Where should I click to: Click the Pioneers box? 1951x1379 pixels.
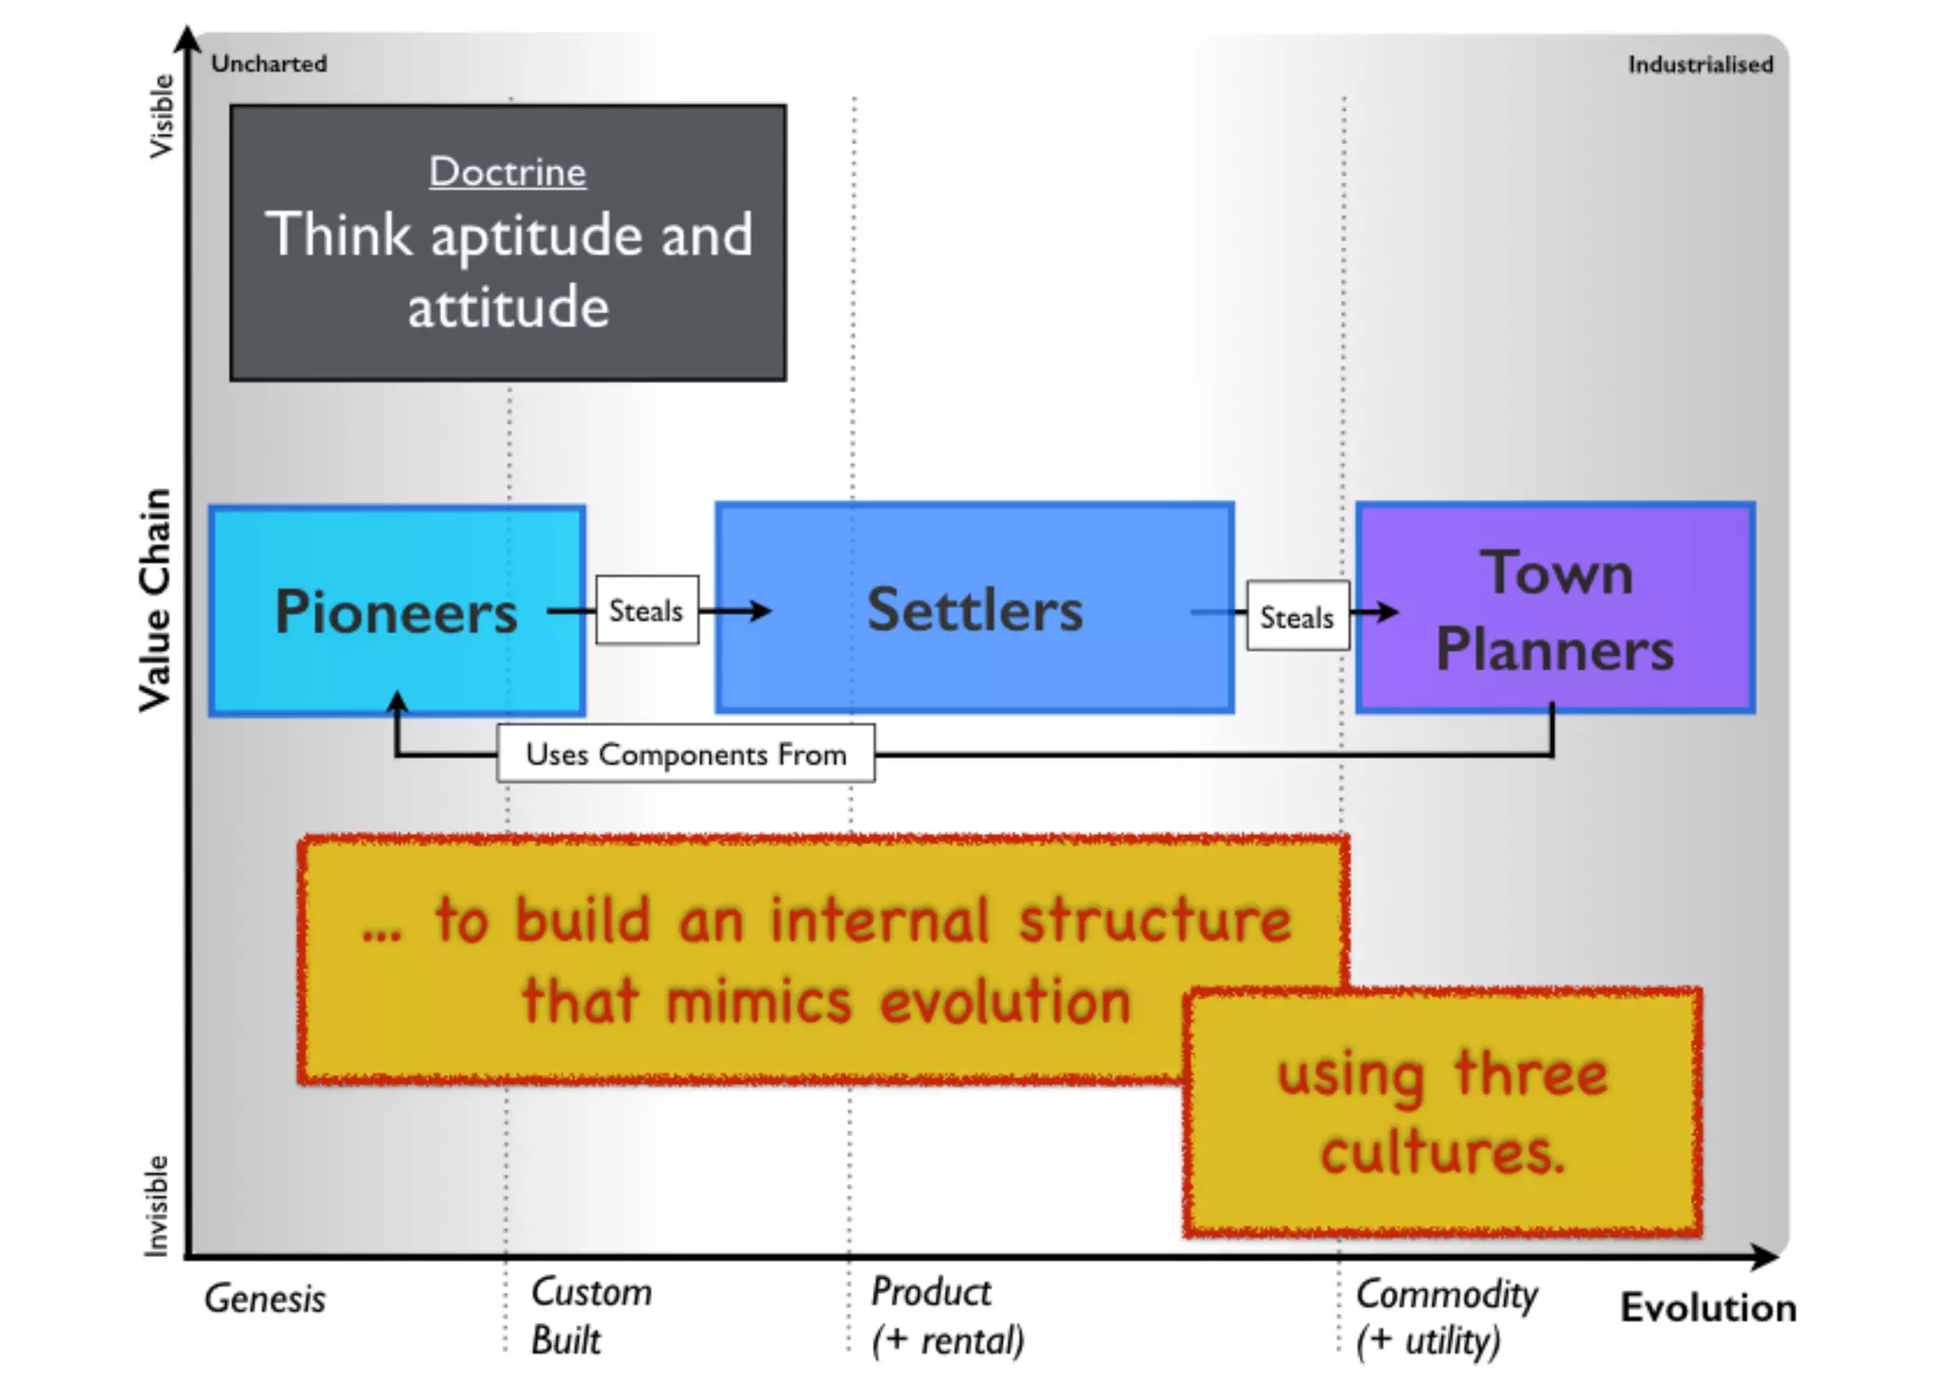pos(396,611)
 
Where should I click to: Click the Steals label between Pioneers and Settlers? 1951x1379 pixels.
pos(647,611)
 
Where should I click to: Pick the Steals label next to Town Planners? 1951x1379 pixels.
pos(1297,617)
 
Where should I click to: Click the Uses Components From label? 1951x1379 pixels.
pos(686,754)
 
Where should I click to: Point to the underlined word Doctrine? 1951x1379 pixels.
pos(508,172)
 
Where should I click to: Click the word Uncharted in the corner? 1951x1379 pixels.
pos(269,64)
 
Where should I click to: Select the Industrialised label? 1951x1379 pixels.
pos(1700,65)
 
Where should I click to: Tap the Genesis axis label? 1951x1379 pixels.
pos(265,1299)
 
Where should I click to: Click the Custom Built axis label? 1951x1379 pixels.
pos(591,1316)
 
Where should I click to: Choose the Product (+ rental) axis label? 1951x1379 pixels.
pos(947,1316)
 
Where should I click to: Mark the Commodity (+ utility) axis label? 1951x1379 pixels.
pos(1446,1317)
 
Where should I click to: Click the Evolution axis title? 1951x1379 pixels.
pos(1708,1308)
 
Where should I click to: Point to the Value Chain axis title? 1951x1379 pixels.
pos(155,599)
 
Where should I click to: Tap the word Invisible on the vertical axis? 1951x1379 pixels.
pos(156,1206)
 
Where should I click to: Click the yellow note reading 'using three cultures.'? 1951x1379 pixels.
pos(1442,1113)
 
